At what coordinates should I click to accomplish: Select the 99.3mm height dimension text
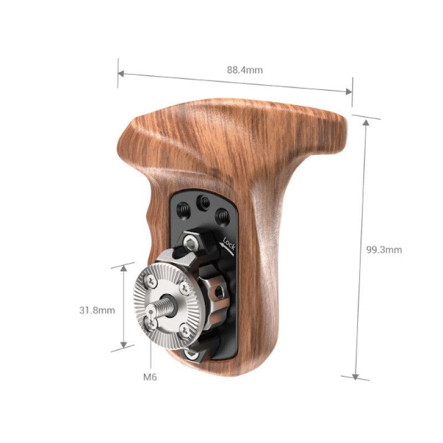click(x=384, y=249)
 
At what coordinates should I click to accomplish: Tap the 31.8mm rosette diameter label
click(x=97, y=310)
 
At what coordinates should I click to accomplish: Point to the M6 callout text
click(x=150, y=377)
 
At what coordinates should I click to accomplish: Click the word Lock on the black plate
click(x=228, y=244)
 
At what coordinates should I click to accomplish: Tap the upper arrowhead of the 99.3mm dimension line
click(x=366, y=121)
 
